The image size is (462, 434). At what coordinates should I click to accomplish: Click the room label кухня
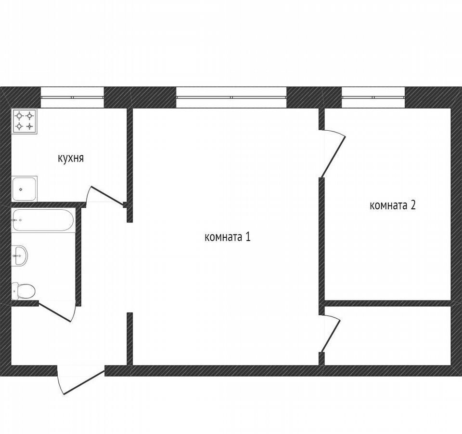click(x=71, y=158)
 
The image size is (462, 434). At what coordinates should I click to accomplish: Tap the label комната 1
click(x=228, y=237)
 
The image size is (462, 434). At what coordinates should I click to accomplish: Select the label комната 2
click(x=393, y=205)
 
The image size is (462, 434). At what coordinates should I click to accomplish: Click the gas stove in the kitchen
click(x=25, y=121)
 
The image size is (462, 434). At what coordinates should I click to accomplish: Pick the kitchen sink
click(x=25, y=189)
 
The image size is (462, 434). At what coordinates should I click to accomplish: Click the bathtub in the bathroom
click(x=43, y=220)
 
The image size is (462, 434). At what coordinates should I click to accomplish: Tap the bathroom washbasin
click(x=20, y=256)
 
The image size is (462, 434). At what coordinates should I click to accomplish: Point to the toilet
click(x=23, y=290)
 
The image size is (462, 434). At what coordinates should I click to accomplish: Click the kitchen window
click(x=72, y=97)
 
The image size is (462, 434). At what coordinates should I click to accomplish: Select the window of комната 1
click(x=231, y=97)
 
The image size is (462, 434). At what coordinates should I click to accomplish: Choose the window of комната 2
click(x=373, y=97)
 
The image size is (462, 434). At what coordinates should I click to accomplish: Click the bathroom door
click(x=55, y=312)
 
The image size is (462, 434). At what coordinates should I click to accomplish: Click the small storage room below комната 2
click(x=387, y=336)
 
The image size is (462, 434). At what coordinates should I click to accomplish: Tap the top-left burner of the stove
click(x=20, y=116)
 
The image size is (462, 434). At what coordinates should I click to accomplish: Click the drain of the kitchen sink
click(x=21, y=190)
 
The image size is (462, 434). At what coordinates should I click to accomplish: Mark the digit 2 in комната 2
click(x=413, y=205)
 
